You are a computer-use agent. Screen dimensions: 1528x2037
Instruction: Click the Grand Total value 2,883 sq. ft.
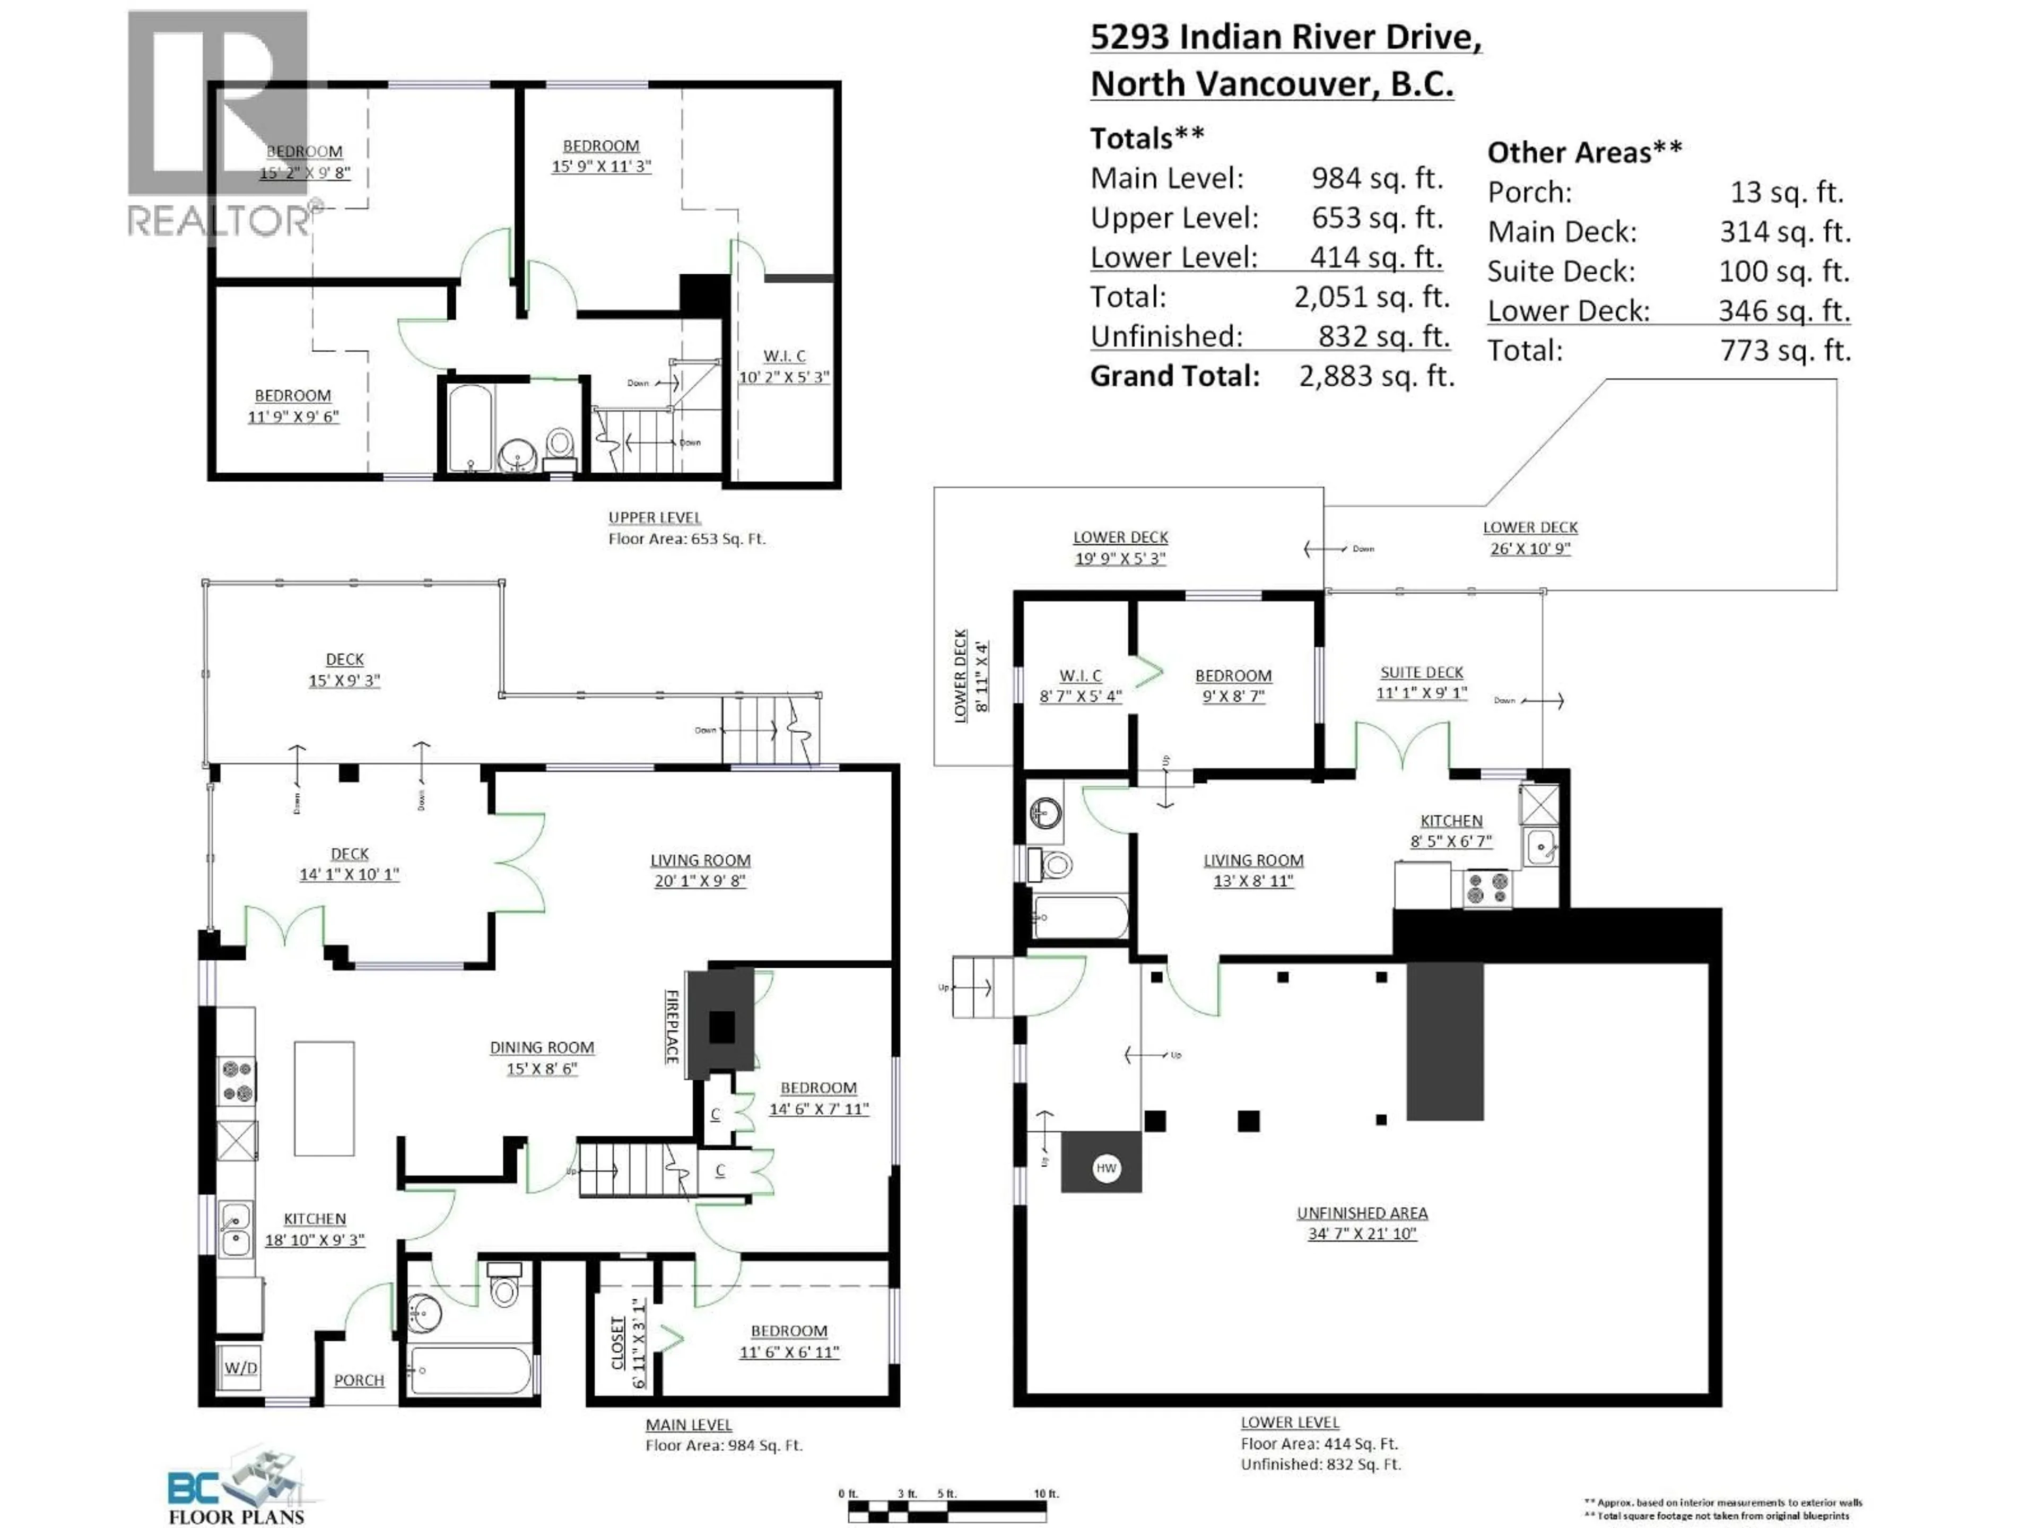tap(1376, 376)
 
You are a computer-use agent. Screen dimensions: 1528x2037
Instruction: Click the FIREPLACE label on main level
tap(672, 1027)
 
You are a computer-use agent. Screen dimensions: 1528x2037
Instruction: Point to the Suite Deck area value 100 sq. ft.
tap(1784, 271)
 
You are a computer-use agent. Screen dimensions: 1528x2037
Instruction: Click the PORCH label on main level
tap(359, 1380)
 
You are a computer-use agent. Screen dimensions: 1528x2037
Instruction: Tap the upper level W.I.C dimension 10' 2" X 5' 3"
tap(784, 377)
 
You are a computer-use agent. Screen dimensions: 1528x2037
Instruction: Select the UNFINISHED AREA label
tap(1362, 1213)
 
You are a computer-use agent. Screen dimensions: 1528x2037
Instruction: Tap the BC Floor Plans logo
tap(237, 1489)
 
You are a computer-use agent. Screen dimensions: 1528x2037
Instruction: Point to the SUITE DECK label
tap(1421, 672)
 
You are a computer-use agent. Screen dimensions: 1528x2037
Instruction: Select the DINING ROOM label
tap(542, 1047)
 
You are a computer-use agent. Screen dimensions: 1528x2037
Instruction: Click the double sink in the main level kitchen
tap(235, 1230)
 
